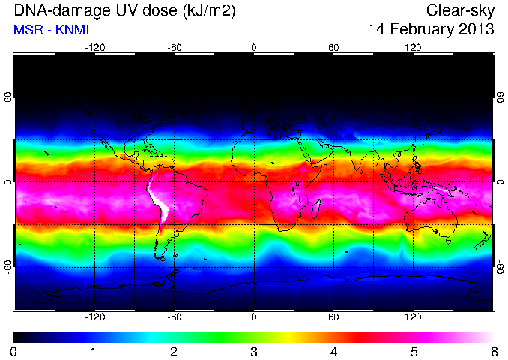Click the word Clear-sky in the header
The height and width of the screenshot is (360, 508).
click(x=460, y=10)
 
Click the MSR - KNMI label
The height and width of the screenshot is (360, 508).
click(x=51, y=30)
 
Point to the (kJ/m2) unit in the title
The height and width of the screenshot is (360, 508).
click(x=208, y=11)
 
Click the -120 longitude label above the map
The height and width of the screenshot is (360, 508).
click(x=95, y=48)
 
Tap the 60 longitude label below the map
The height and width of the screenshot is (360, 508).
click(x=333, y=316)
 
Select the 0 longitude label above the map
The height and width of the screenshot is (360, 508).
click(x=254, y=48)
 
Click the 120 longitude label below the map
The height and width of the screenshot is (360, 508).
click(x=413, y=316)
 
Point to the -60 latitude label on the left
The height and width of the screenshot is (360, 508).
click(x=8, y=266)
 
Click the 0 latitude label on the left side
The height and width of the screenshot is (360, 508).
click(x=8, y=182)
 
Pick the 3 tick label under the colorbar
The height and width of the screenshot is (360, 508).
click(x=254, y=352)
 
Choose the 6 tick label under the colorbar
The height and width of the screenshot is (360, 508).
click(x=494, y=352)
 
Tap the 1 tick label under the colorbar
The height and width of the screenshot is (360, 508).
click(x=94, y=352)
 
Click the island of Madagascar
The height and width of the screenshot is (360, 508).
click(x=316, y=209)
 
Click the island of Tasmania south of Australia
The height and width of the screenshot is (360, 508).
click(x=449, y=241)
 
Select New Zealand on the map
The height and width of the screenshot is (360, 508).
click(x=483, y=240)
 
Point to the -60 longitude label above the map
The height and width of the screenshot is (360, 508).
click(x=175, y=48)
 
